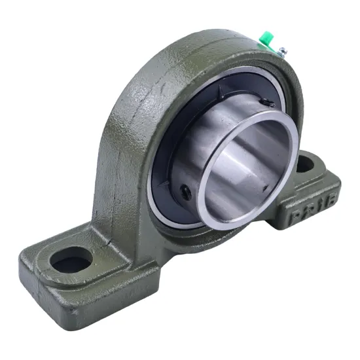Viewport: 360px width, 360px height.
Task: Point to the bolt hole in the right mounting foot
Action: click(x=305, y=165)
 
